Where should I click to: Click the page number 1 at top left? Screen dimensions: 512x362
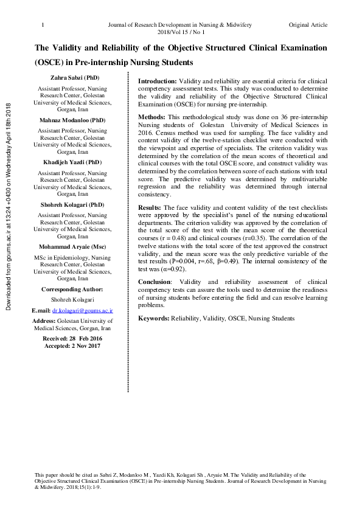[42, 25]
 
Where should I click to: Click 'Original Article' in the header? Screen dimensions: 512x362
[308, 25]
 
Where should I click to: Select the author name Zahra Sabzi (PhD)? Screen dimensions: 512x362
[74, 78]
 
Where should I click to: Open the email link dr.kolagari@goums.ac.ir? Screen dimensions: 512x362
[83, 310]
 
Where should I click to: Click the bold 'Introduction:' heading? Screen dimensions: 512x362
[158, 81]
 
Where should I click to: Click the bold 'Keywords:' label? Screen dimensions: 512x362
[154, 318]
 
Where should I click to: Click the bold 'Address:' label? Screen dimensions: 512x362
[43, 320]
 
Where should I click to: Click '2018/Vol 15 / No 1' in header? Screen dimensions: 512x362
[181, 32]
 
